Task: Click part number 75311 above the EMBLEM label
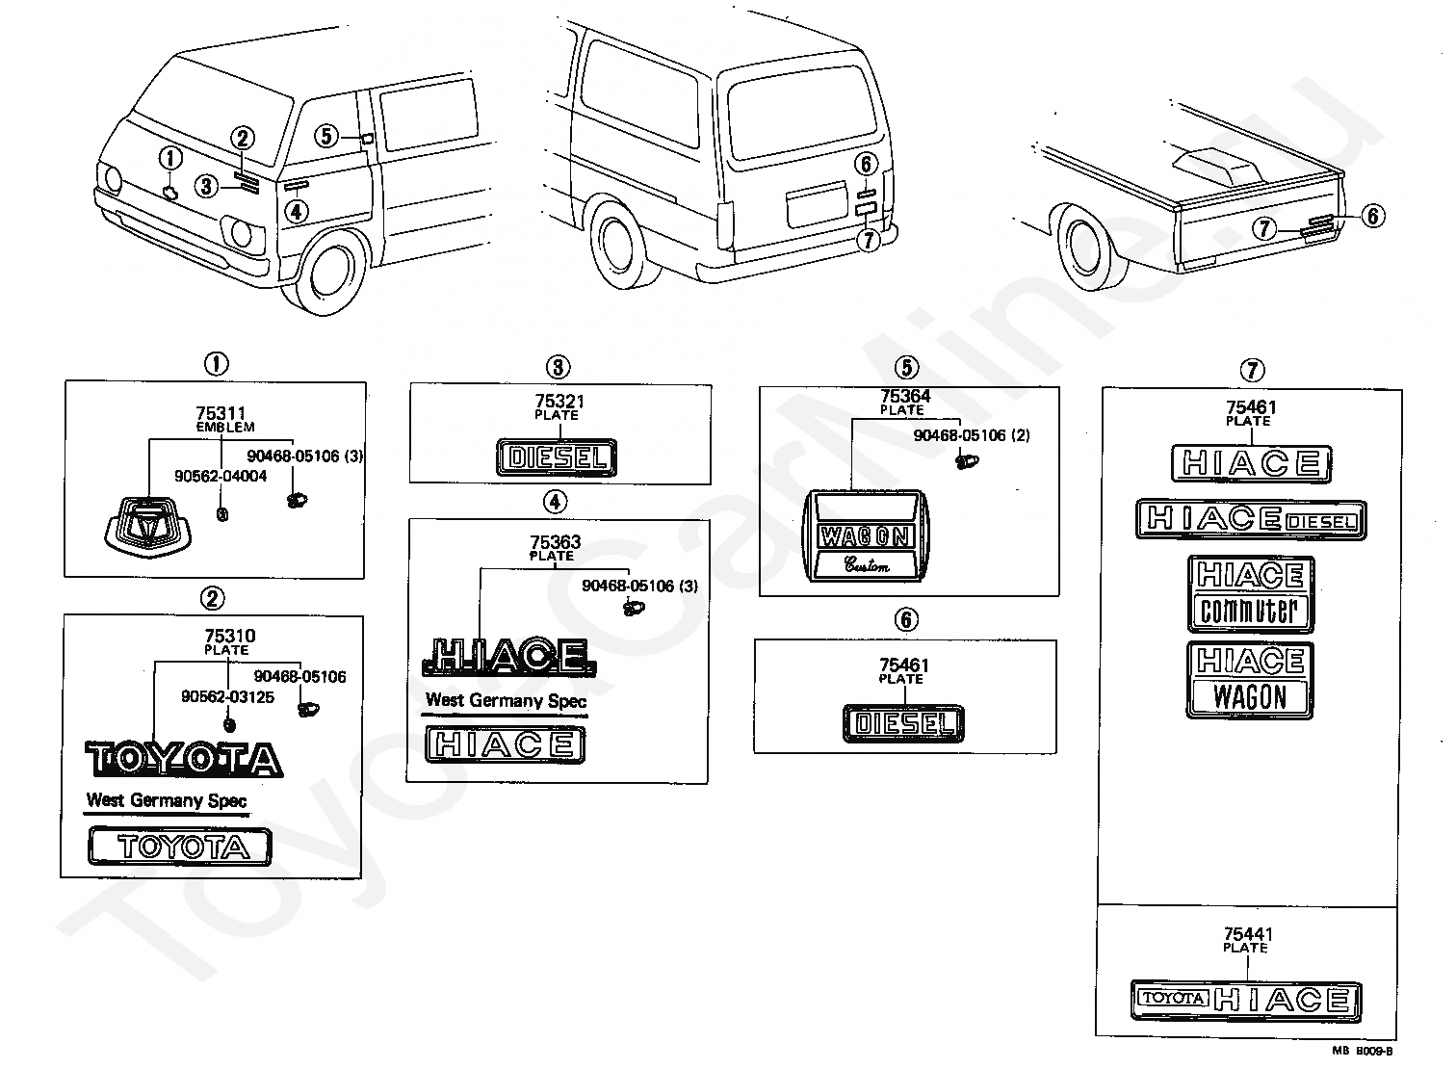pos(221,413)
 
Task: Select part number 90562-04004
pos(221,476)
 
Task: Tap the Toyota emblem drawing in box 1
pos(149,528)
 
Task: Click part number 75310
pos(230,636)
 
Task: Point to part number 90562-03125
pos(227,697)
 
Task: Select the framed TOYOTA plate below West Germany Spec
pos(180,847)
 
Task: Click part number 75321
pos(559,402)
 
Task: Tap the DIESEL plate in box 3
pos(557,457)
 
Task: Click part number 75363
pos(555,542)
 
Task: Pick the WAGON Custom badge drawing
pos(867,535)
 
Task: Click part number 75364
pos(905,396)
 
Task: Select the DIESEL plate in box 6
pos(903,723)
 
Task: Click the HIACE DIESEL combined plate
pos(1251,519)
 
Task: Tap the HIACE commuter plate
pos(1251,594)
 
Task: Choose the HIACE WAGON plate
pos(1250,680)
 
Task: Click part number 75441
pos(1248,934)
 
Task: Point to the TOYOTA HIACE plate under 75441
pos(1246,1001)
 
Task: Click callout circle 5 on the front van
pos(326,136)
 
